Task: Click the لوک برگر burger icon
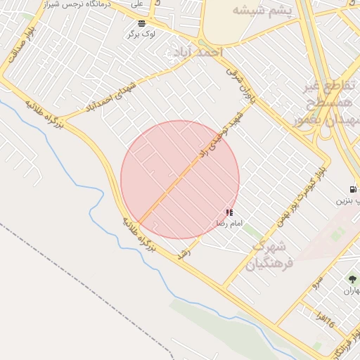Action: tap(143, 22)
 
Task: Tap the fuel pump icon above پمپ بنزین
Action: tap(352, 188)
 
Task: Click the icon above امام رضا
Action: tap(229, 212)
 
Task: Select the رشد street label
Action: tap(185, 252)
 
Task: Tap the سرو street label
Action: tap(318, 282)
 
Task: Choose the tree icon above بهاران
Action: tap(352, 279)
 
